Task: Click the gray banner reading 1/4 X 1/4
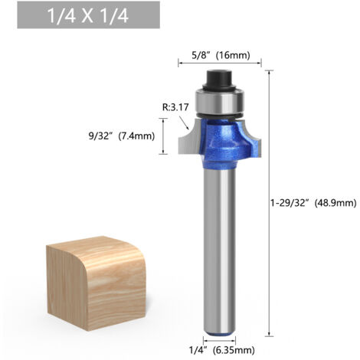[x=88, y=15]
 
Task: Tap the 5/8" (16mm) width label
[x=221, y=55]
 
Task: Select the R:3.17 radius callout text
[x=175, y=107]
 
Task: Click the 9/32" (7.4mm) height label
[x=122, y=136]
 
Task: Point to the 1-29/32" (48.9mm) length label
[x=313, y=203]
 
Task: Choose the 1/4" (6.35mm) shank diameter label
[x=221, y=350]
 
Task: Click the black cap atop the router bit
[x=219, y=79]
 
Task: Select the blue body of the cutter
[x=224, y=143]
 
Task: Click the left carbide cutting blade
[x=188, y=140]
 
